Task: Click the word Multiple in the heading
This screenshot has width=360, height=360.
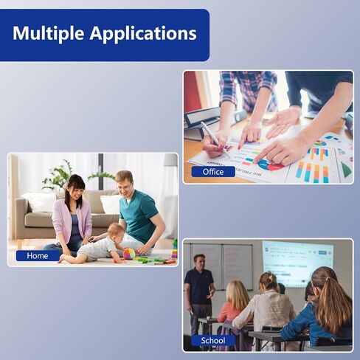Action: click(48, 33)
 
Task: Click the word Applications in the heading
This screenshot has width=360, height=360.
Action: click(143, 34)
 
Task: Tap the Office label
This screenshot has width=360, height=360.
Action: click(213, 172)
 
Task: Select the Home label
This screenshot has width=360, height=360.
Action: click(38, 256)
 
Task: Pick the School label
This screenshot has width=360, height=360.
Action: click(213, 341)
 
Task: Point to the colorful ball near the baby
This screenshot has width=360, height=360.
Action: click(129, 254)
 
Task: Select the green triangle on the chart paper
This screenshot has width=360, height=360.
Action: click(346, 170)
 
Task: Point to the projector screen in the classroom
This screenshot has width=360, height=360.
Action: click(297, 263)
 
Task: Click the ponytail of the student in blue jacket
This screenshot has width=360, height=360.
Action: click(338, 305)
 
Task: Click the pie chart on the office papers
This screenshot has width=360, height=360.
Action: click(271, 165)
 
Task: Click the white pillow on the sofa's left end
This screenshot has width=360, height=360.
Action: click(40, 202)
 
